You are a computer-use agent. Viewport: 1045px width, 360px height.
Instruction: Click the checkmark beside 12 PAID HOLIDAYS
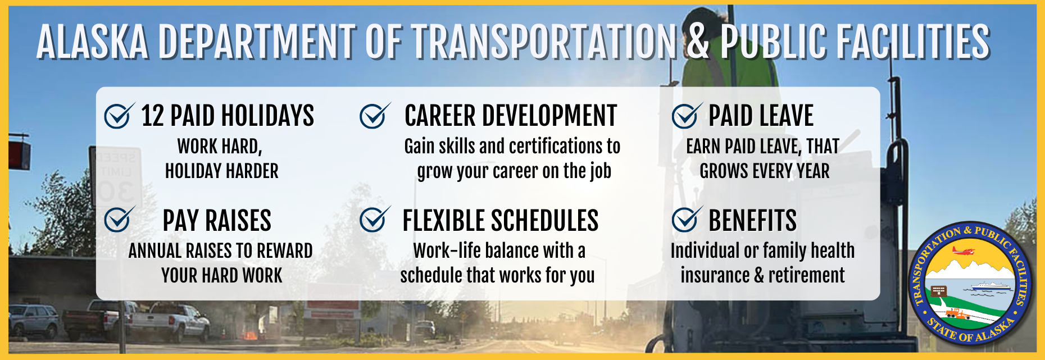tap(119, 116)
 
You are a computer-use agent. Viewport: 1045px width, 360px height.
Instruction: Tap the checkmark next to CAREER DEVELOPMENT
tap(375, 116)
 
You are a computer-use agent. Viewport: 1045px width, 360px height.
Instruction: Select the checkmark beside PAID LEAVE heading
tap(687, 116)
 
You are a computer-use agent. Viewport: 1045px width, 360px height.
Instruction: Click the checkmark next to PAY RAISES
tap(119, 220)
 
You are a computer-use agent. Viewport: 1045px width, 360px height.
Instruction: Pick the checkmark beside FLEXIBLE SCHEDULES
tap(375, 220)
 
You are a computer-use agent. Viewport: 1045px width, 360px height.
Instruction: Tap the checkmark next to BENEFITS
tap(687, 220)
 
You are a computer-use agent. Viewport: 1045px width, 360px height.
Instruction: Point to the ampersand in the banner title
tap(698, 41)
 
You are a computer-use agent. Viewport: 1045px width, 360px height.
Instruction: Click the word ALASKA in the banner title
tap(93, 41)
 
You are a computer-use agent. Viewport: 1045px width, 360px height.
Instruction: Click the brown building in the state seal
tap(938, 291)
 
